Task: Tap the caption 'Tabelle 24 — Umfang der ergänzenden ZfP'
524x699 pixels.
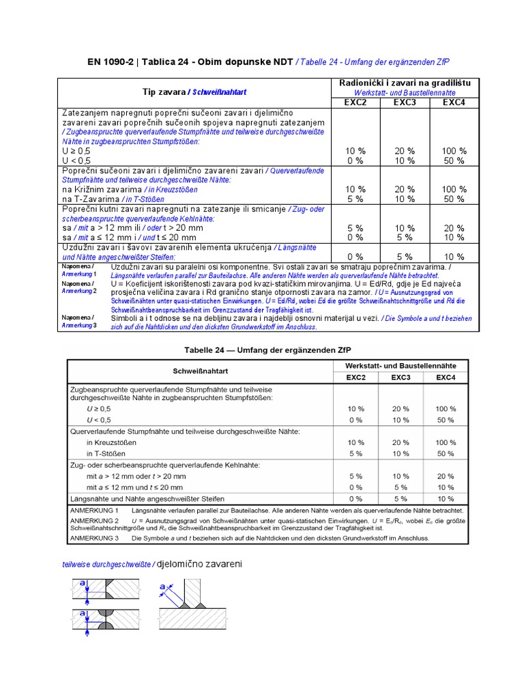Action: pyautogui.click(x=267, y=350)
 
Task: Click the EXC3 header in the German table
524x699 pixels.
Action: pyautogui.click(x=401, y=377)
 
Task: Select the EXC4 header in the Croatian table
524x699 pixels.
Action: pyautogui.click(x=454, y=102)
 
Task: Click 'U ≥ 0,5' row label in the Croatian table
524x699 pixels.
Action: pyautogui.click(x=76, y=151)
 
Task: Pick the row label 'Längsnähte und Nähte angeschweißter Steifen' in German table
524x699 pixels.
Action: pyautogui.click(x=148, y=498)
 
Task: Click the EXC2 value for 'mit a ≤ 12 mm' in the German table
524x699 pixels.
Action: pyautogui.click(x=355, y=487)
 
